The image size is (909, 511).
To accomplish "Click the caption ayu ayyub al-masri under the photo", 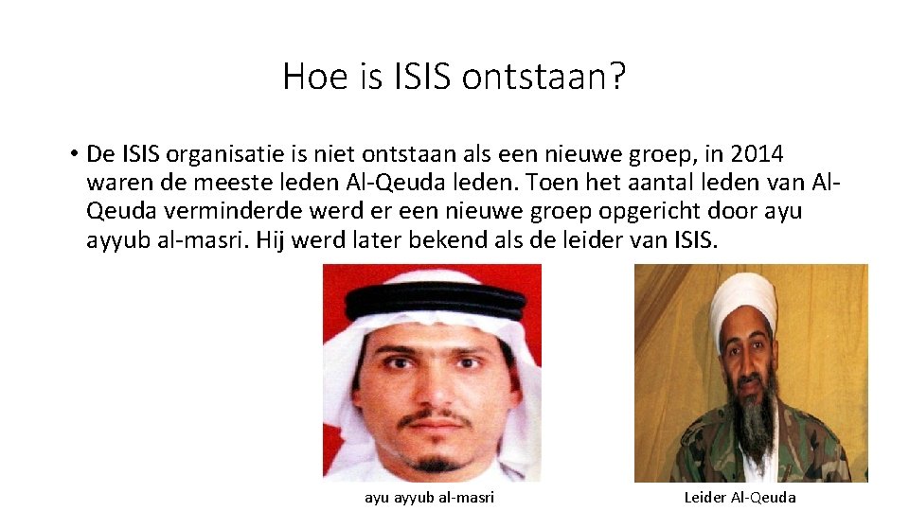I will click(x=430, y=498).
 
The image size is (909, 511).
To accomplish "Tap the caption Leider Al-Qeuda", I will click(x=740, y=498).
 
